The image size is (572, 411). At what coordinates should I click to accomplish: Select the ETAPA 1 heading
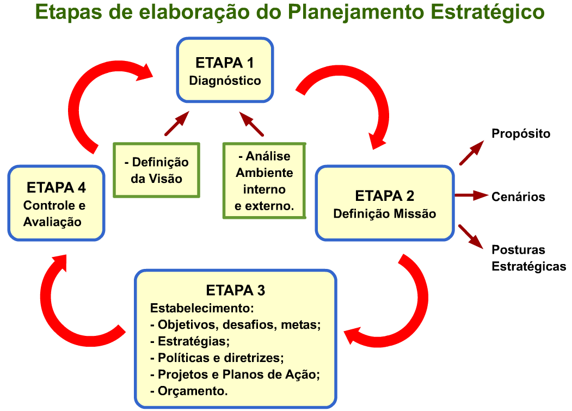[225, 62]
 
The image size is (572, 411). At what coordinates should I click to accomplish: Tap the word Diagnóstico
[225, 81]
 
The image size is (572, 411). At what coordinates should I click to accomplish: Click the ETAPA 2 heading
[385, 196]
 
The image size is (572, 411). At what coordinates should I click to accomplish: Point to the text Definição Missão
[385, 214]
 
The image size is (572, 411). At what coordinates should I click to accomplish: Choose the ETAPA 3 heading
[235, 290]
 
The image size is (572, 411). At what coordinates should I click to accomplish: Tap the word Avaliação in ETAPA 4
[52, 222]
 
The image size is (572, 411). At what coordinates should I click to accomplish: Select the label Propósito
[521, 133]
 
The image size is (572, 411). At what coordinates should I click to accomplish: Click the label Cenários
[518, 197]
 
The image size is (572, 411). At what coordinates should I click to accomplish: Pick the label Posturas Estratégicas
[528, 258]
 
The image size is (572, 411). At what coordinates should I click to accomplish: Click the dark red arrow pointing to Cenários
[471, 195]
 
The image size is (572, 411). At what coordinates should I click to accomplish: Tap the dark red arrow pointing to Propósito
[471, 152]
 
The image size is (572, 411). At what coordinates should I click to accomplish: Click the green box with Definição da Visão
[156, 170]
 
